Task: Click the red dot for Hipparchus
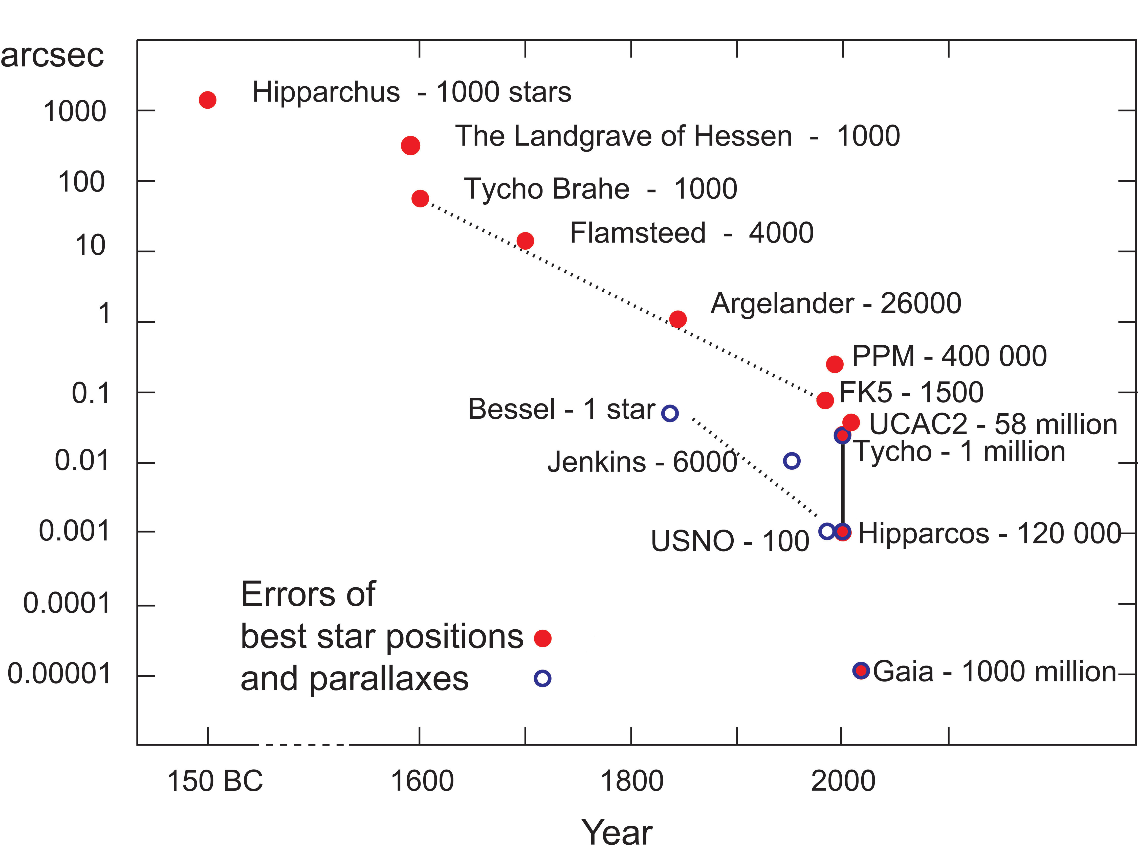pyautogui.click(x=207, y=100)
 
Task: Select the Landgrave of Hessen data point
pyautogui.click(x=410, y=146)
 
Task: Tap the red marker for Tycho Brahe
pyautogui.click(x=420, y=198)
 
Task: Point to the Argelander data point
pyautogui.click(x=677, y=319)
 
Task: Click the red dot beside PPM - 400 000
pyautogui.click(x=835, y=364)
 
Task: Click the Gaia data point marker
pyautogui.click(x=861, y=670)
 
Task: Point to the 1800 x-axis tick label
pyautogui.click(x=632, y=781)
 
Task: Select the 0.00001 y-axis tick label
pyautogui.click(x=59, y=674)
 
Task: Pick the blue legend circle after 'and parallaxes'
pyautogui.click(x=542, y=678)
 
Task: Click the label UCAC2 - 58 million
pyautogui.click(x=993, y=425)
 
